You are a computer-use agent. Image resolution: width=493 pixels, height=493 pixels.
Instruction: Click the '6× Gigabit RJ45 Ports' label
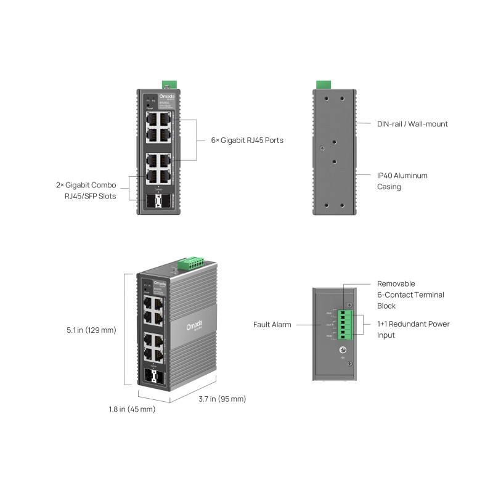click(x=243, y=141)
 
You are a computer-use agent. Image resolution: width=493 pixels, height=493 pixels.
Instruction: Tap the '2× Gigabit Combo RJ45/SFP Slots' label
click(x=86, y=190)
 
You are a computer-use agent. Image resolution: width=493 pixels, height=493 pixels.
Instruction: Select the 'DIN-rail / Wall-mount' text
click(x=412, y=124)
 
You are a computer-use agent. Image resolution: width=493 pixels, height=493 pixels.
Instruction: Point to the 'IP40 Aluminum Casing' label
click(x=402, y=181)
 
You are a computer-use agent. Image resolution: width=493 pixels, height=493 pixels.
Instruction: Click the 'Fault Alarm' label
click(x=272, y=324)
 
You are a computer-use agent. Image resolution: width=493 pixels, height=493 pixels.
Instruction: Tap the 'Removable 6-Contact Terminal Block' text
click(x=410, y=295)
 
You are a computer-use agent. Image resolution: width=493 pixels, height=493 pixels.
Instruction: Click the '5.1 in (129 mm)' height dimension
click(x=91, y=330)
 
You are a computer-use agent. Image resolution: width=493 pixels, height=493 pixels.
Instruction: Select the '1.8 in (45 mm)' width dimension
click(x=132, y=409)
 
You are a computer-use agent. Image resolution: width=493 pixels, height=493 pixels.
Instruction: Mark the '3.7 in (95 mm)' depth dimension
click(x=222, y=399)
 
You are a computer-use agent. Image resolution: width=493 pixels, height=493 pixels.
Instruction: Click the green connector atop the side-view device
click(x=322, y=84)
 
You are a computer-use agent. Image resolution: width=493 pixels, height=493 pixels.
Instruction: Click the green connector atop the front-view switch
click(x=169, y=84)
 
